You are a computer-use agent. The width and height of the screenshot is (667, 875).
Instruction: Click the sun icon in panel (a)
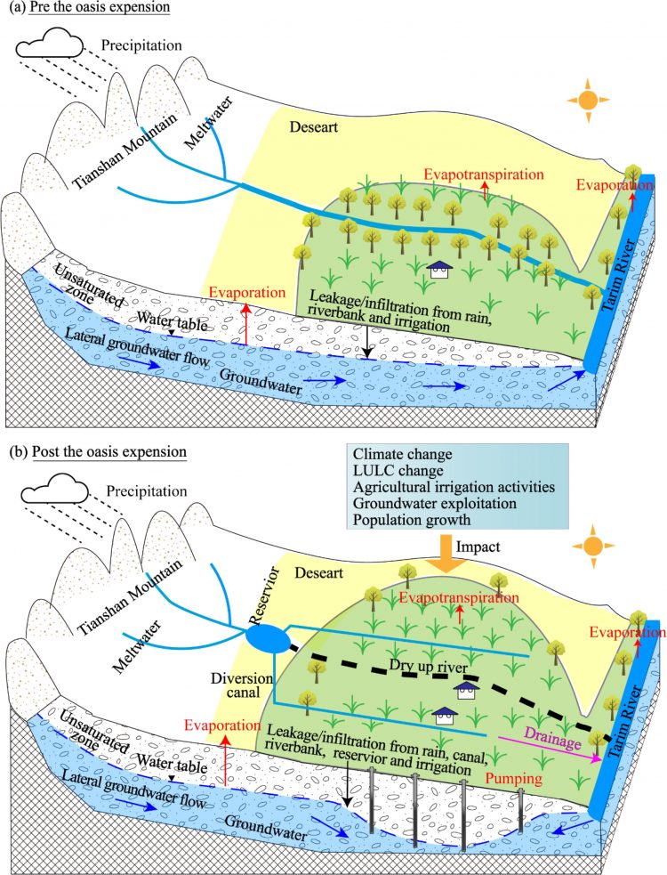point(585,99)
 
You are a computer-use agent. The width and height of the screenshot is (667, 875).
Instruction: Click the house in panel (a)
point(438,269)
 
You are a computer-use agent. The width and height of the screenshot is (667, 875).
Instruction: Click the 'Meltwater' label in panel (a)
point(205,127)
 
